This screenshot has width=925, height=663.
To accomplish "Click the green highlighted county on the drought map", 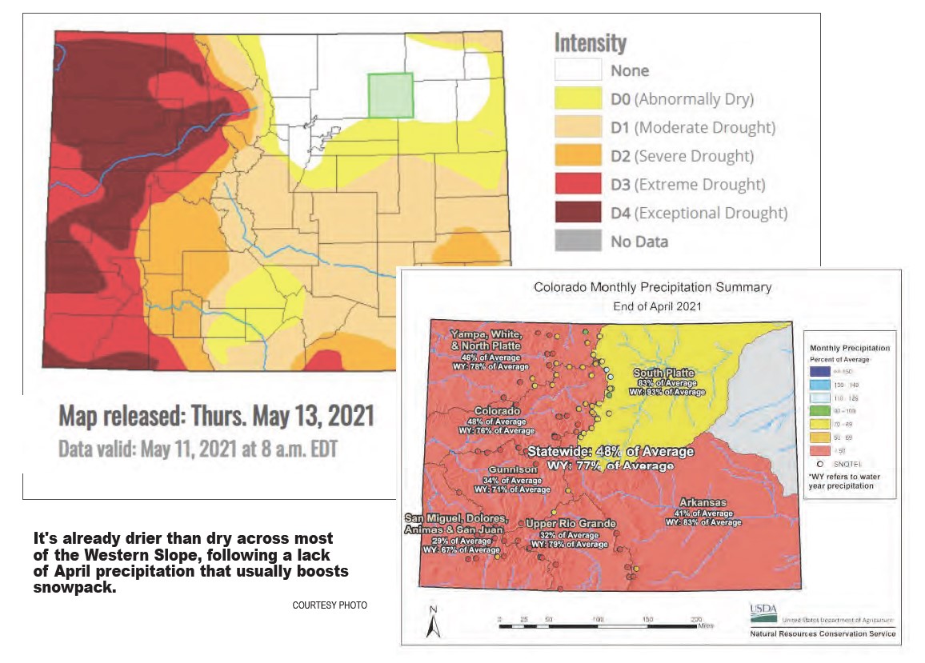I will tap(390, 95).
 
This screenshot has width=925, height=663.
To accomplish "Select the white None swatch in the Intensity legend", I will tap(577, 70).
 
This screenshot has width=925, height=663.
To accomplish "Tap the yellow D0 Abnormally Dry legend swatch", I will tap(577, 99).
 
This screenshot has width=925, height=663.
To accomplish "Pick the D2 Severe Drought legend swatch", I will tap(577, 156).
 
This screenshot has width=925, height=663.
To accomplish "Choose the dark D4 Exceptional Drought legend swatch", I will tap(577, 213).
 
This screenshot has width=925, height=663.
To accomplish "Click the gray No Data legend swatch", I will tap(577, 241).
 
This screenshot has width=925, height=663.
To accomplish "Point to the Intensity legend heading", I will tap(591, 42).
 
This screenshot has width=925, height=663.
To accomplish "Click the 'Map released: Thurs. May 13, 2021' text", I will tap(216, 417).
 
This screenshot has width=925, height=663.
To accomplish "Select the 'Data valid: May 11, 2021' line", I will tap(198, 448).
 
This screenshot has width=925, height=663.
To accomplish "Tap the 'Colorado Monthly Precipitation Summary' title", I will tap(652, 287).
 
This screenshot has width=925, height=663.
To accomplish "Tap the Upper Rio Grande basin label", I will tap(571, 524).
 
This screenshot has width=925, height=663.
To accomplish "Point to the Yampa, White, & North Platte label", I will tap(487, 339).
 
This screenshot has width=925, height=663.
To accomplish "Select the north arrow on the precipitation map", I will tap(433, 622).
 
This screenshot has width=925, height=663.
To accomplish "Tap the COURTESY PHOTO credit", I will tap(330, 605).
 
